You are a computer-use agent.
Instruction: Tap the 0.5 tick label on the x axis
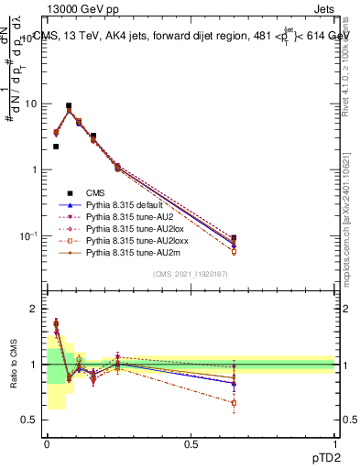pos(191,444)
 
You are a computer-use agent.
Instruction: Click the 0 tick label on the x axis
pos(47,444)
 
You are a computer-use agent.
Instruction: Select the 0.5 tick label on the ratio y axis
pos(30,420)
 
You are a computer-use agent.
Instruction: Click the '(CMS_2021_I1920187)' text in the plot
pos(191,275)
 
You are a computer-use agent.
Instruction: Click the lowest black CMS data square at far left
pos(56,146)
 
